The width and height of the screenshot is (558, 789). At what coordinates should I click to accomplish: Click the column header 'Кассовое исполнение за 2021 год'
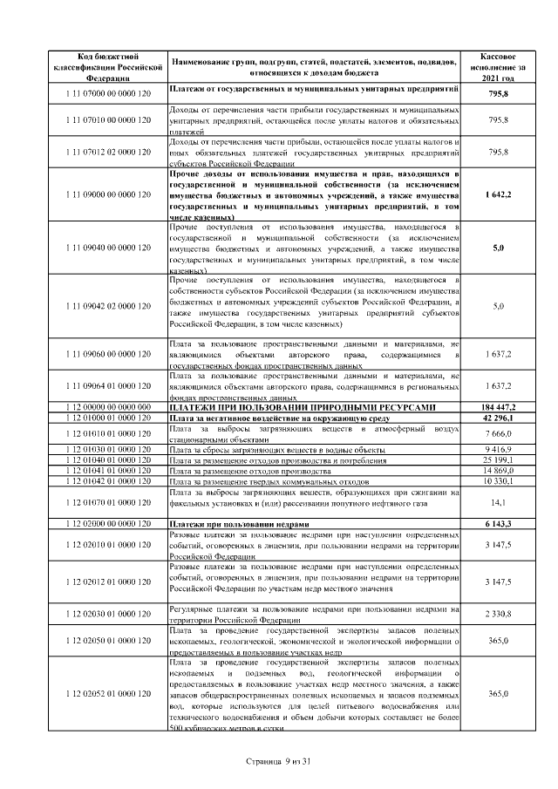(x=498, y=66)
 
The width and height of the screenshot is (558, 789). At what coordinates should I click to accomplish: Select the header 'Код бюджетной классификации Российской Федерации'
(x=108, y=66)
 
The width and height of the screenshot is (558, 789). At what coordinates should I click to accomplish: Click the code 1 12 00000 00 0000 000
(x=108, y=407)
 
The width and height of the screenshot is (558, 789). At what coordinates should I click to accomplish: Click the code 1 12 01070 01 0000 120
(x=108, y=502)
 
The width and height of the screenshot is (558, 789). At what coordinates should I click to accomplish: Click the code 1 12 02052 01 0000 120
(x=108, y=693)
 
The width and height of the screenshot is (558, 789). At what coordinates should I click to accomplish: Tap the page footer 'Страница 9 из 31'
(x=279, y=761)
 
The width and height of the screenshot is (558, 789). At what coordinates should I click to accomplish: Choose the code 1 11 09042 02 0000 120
(x=108, y=306)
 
